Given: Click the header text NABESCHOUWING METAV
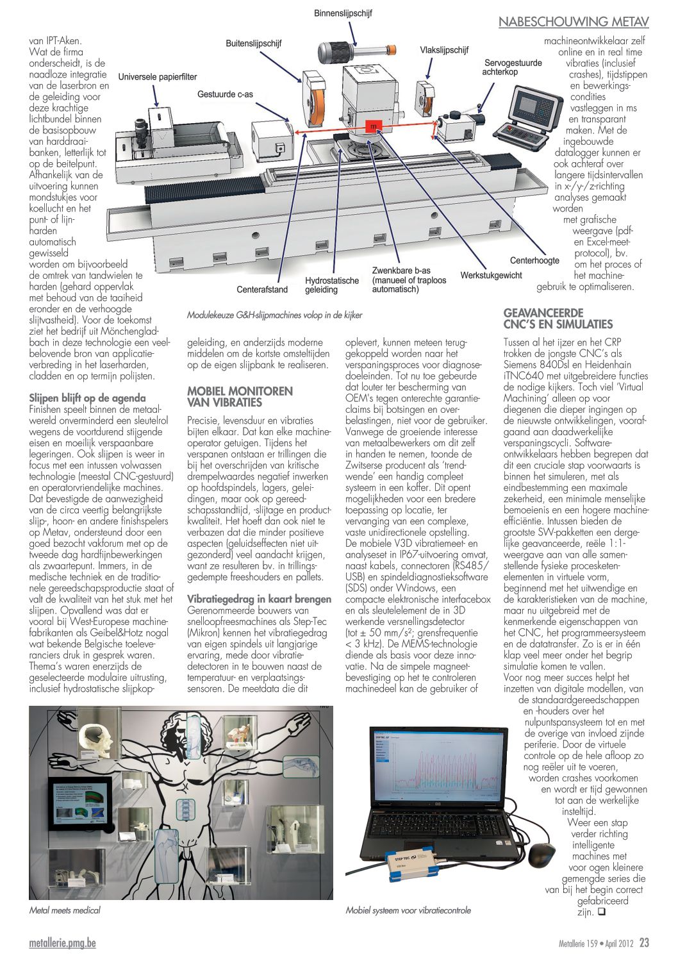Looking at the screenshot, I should [x=574, y=22].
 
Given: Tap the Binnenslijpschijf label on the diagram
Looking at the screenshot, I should [x=343, y=13].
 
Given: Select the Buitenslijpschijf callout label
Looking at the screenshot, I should [x=253, y=44].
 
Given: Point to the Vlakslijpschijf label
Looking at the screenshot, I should [x=444, y=50].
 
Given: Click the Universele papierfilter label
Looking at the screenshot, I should [x=158, y=77].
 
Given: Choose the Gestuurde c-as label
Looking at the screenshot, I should [x=225, y=94].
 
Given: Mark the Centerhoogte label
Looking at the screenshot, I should [x=534, y=260].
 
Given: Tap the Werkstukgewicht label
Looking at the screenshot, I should [x=491, y=276].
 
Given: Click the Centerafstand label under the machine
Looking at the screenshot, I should [x=262, y=289].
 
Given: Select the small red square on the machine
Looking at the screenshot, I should [x=373, y=126].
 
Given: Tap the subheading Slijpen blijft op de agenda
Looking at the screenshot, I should [x=88, y=397].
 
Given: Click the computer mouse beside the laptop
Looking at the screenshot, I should [x=542, y=853].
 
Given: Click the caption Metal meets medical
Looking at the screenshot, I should [x=65, y=910].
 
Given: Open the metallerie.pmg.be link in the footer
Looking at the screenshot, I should [x=62, y=943].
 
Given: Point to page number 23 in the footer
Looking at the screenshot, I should [x=644, y=943].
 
